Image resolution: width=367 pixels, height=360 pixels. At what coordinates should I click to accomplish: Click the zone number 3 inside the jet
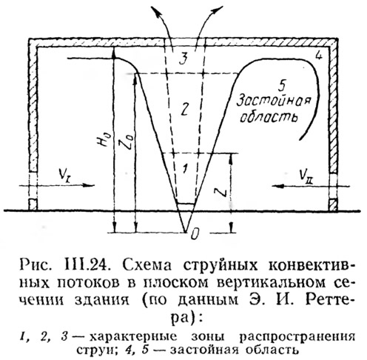[183, 59]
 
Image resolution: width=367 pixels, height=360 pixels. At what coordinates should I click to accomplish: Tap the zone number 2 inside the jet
[183, 109]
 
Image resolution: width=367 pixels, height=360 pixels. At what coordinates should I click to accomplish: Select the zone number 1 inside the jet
[185, 168]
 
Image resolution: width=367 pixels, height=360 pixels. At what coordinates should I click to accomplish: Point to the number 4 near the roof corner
[318, 56]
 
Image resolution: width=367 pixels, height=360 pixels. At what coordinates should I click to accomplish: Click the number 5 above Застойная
[280, 87]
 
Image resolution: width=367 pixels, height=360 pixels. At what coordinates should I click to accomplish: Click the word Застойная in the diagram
[273, 101]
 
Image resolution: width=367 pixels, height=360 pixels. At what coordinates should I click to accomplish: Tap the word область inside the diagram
[269, 117]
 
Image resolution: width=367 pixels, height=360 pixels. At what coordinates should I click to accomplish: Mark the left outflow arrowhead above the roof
[155, 11]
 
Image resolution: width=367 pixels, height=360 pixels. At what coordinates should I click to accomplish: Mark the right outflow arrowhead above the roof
[217, 10]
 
